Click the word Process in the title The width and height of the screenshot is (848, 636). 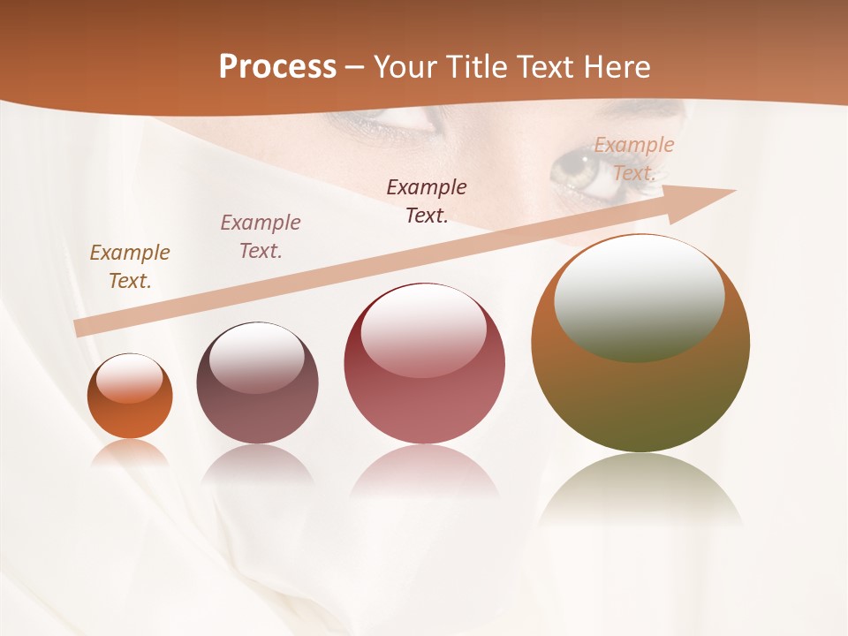click(277, 66)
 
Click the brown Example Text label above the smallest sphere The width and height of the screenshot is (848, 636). click(130, 266)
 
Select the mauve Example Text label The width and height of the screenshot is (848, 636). click(261, 236)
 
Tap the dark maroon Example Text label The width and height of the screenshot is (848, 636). click(427, 201)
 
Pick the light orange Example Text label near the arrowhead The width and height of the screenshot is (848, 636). click(633, 158)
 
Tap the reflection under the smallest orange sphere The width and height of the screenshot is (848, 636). click(130, 452)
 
